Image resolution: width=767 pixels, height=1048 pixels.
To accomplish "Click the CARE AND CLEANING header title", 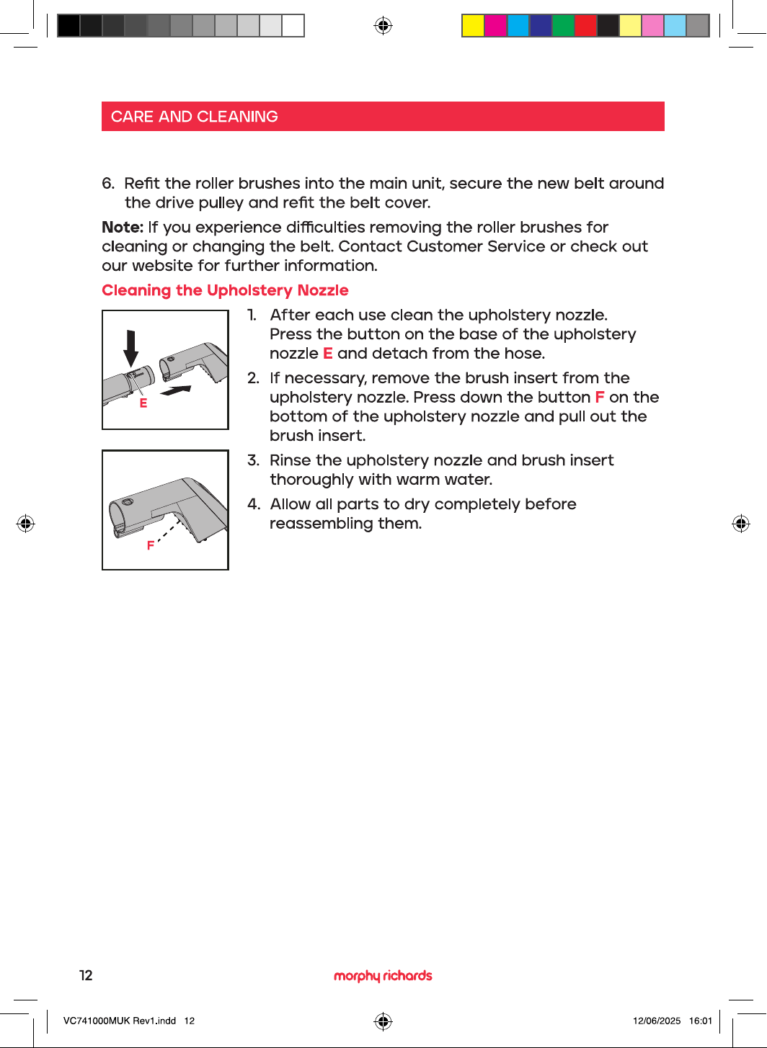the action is (x=195, y=117).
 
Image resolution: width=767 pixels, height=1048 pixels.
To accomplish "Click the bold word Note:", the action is (x=123, y=227).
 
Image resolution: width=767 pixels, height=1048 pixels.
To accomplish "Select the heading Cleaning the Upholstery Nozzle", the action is (x=225, y=290).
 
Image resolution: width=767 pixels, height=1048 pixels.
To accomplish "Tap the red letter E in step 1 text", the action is (x=328, y=353).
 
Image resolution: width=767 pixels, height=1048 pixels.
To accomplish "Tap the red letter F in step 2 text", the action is (x=599, y=397).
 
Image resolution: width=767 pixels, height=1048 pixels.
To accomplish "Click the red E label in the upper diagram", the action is (x=143, y=403).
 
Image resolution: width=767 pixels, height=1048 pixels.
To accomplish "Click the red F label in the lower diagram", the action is (x=151, y=545).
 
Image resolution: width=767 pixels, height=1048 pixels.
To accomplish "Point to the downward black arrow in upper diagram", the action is (x=130, y=349).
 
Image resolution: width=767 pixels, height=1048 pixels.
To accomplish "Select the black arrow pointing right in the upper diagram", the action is (x=176, y=390).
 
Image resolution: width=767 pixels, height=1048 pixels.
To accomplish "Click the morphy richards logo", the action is (x=383, y=976).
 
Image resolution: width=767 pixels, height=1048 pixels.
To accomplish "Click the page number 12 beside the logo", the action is (x=86, y=975).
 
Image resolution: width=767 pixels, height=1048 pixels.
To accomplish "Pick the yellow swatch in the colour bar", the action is (x=473, y=25).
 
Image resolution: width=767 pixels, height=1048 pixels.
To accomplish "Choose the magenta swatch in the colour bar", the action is (x=495, y=25).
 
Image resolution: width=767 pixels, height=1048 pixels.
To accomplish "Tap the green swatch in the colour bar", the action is (x=563, y=25).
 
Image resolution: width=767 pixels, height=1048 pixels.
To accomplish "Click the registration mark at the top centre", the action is (x=383, y=25).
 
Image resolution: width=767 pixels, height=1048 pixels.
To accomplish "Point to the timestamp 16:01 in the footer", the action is (x=701, y=1021).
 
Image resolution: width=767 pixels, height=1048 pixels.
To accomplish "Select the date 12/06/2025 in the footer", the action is (x=657, y=1021).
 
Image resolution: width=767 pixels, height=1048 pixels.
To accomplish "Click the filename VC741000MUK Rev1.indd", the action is (x=120, y=1021).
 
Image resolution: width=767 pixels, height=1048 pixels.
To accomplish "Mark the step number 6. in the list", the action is (x=108, y=184).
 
